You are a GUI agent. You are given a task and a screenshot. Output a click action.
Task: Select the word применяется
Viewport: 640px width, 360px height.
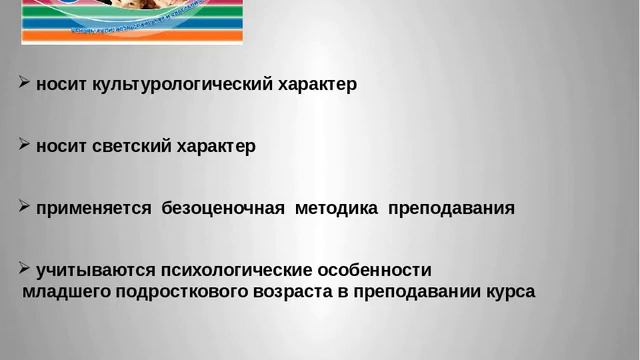click(93, 209)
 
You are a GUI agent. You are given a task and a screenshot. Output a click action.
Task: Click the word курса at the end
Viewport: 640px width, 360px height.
click(509, 292)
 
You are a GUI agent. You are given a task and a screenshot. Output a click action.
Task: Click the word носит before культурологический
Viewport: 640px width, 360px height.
click(61, 85)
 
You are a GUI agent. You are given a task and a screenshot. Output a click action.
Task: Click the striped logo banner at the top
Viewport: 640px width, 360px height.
click(132, 21)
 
